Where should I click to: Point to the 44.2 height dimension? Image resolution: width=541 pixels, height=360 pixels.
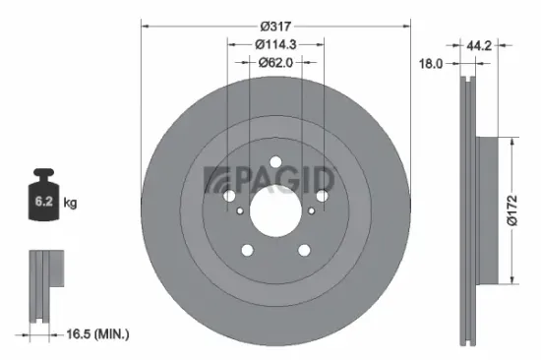click(480, 44)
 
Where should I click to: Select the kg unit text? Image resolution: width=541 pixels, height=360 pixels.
click(71, 203)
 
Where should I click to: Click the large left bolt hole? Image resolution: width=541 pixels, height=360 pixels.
click(229, 197)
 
